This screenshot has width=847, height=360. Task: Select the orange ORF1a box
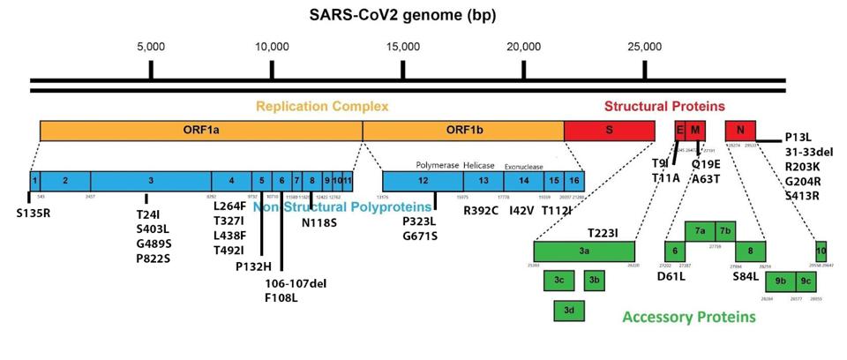(x=201, y=130)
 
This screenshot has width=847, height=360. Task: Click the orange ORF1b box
(x=463, y=130)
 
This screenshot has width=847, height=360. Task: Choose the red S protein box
(x=609, y=130)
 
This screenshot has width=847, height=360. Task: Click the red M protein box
(x=696, y=130)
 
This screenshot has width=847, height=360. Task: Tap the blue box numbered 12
(x=423, y=180)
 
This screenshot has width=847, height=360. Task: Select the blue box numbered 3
(x=151, y=180)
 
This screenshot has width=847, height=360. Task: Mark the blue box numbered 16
(x=573, y=180)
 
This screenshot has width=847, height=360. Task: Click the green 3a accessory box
(x=584, y=251)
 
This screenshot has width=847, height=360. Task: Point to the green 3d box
(x=569, y=311)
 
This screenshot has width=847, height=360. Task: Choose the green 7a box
(x=700, y=231)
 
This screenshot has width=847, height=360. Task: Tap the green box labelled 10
(x=821, y=251)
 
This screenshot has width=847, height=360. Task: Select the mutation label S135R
(x=34, y=213)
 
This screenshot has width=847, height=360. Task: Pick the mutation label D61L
(x=671, y=276)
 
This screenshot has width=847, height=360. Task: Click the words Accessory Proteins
(x=688, y=317)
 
